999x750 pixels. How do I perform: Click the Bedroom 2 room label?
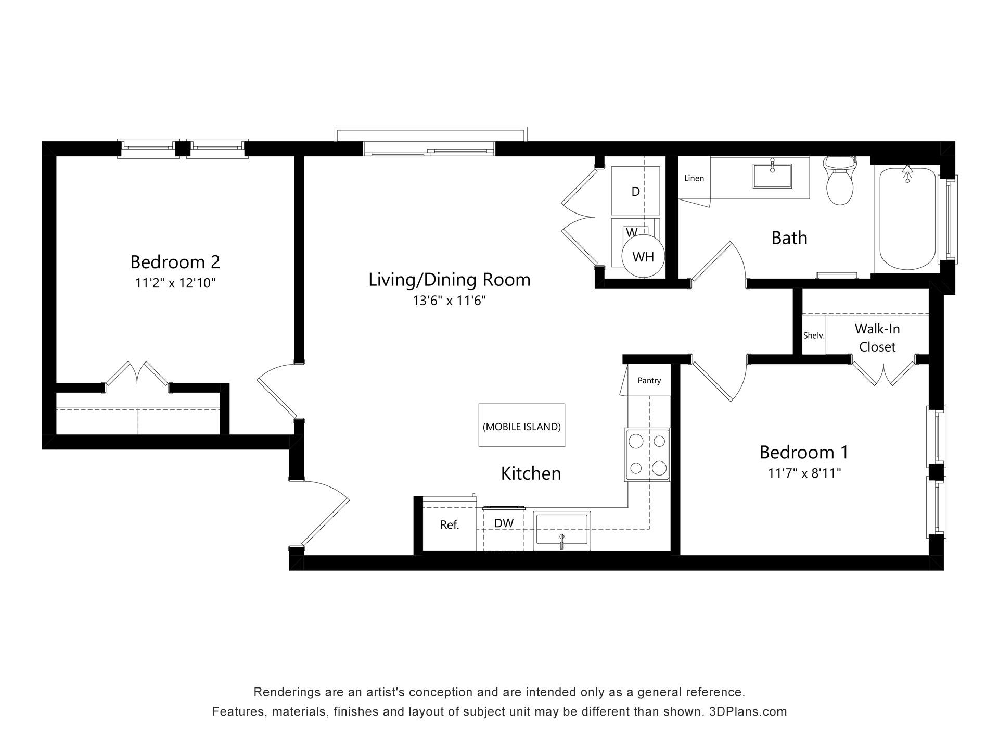click(175, 261)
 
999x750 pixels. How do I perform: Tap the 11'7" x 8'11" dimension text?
click(804, 473)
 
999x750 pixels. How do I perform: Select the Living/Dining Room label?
click(450, 280)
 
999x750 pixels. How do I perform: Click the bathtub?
click(907, 218)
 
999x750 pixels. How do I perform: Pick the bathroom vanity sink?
click(772, 176)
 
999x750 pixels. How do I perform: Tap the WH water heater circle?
click(643, 256)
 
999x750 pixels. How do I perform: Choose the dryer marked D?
click(635, 191)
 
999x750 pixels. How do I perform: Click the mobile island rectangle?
click(522, 425)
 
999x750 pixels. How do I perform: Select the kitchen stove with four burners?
click(647, 455)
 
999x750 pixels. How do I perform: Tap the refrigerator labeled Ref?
click(449, 524)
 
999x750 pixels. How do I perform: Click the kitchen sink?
click(562, 531)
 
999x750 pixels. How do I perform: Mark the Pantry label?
click(649, 381)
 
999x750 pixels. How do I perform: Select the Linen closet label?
click(694, 178)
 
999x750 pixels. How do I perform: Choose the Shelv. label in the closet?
click(814, 335)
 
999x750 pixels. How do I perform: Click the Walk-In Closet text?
click(877, 337)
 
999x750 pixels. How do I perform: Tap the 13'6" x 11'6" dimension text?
click(450, 301)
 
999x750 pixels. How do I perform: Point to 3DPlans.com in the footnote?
click(748, 711)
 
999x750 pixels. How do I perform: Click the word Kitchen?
click(531, 473)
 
